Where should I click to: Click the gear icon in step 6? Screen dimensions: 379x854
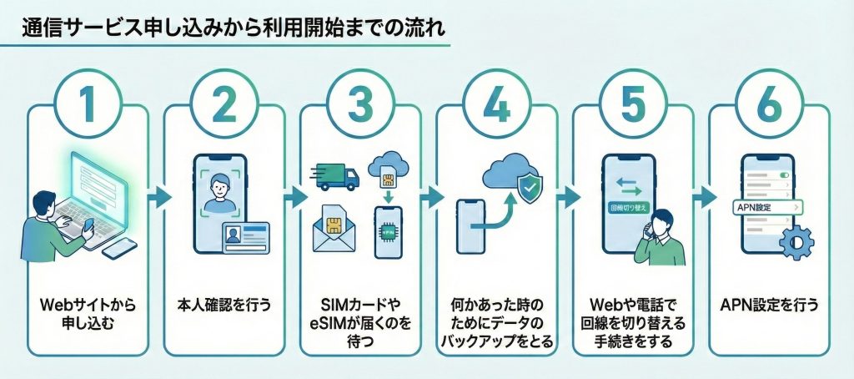(796, 242)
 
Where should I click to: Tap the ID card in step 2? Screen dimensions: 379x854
(245, 237)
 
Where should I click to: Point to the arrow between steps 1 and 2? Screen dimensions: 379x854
(156, 198)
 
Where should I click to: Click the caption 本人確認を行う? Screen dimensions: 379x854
(224, 306)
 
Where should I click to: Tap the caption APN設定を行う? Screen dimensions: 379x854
(768, 306)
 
